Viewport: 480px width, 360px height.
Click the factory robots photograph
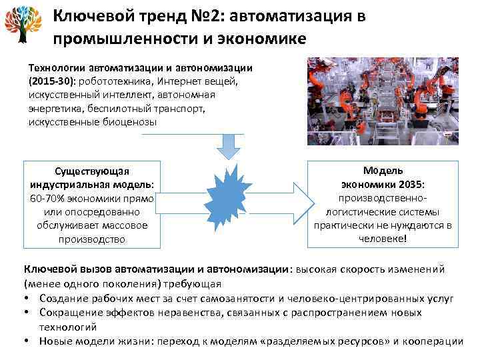point(382,100)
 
